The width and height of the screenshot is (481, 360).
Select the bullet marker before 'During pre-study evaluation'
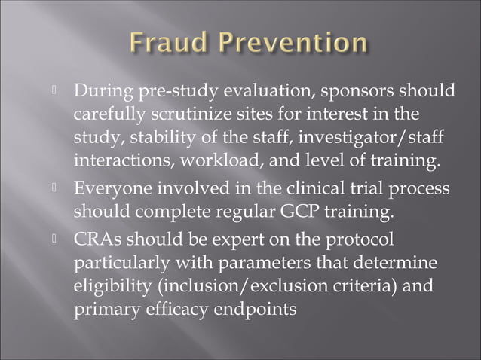(x=54, y=92)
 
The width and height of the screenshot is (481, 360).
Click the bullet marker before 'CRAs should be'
(x=54, y=239)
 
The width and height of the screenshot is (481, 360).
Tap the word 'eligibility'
(x=112, y=287)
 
